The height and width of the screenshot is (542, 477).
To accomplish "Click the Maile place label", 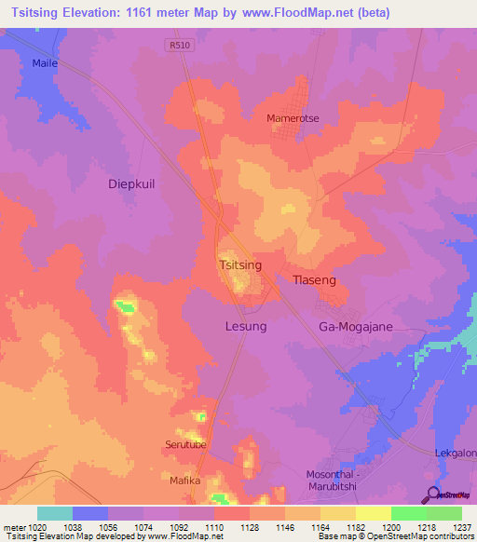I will [45, 63].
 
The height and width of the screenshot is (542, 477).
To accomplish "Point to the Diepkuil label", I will [131, 184].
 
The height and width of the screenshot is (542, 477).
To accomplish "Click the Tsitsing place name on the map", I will [239, 265].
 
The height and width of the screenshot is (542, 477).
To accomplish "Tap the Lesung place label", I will [246, 327].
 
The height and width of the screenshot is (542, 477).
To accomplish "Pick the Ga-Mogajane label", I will [356, 327].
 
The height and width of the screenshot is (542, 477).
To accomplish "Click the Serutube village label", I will [185, 444].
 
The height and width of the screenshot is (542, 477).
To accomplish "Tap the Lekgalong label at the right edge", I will [456, 454].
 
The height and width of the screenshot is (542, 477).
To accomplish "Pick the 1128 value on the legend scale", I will [251, 528].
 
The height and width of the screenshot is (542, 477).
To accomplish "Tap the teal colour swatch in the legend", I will [55, 513].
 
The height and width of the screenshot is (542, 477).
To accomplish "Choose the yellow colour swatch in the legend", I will [373, 513].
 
